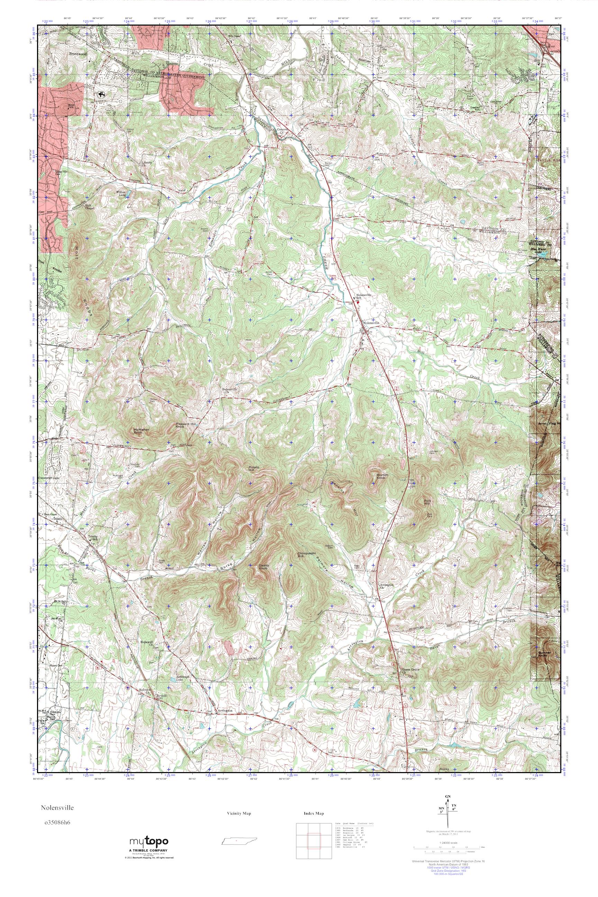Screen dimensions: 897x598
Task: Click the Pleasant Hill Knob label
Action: click(x=184, y=425)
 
